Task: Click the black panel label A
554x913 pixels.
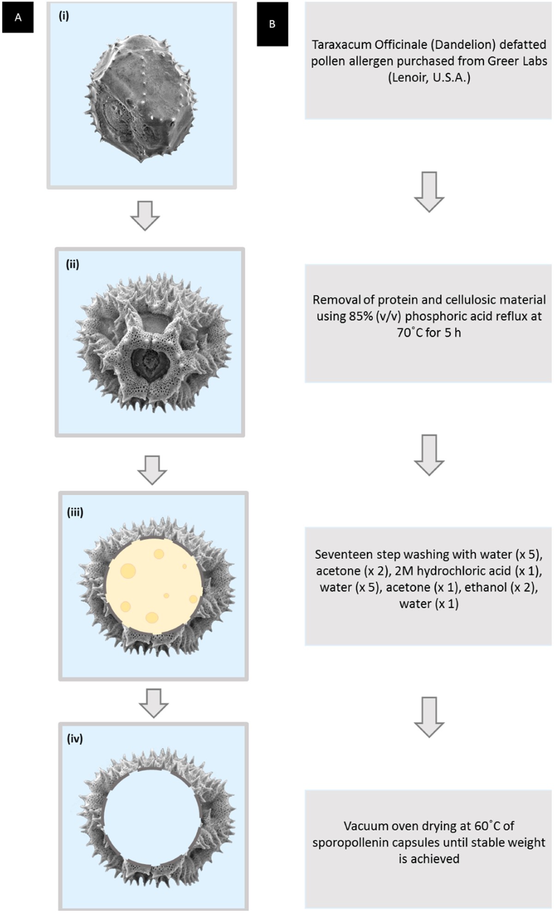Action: tap(18, 18)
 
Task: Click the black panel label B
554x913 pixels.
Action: tap(272, 24)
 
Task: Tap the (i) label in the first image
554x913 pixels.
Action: tap(64, 16)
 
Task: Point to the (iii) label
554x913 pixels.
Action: tap(75, 512)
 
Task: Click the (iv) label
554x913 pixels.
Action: tap(75, 738)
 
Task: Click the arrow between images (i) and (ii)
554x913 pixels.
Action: tap(145, 215)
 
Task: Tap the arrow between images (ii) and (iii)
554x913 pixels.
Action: tap(152, 469)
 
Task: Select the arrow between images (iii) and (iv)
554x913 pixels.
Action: tap(154, 702)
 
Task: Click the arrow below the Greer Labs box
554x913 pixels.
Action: tap(429, 191)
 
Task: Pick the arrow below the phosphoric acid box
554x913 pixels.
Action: tap(429, 454)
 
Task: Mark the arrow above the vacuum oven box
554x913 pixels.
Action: tap(429, 717)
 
